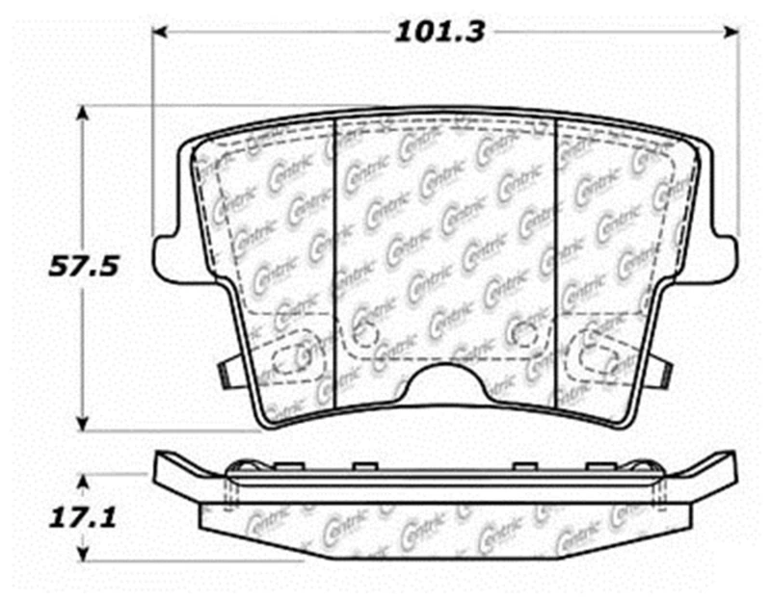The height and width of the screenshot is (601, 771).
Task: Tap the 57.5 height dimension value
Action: (x=83, y=267)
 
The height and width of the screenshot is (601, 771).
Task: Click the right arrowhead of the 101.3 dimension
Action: (x=731, y=33)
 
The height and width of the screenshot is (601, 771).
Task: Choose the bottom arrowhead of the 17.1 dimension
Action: (x=84, y=556)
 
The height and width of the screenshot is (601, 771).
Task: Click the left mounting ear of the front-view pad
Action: (x=168, y=252)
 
